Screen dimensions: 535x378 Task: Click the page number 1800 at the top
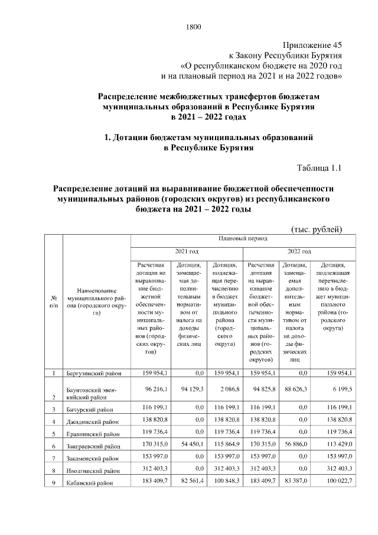[194, 27]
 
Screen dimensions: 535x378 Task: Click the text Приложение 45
[312, 44]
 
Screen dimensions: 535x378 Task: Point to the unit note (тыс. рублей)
[317, 229]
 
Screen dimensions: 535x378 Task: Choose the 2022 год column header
[299, 251]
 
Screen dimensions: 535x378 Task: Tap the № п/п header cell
[54, 301]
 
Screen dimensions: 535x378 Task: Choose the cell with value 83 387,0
[299, 482]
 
